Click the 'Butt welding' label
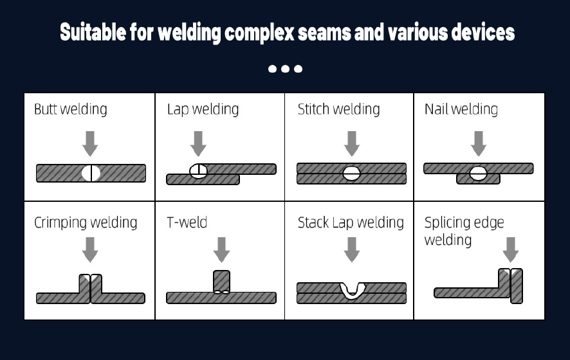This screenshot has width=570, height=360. click(70, 109)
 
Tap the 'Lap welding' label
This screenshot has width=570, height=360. click(203, 109)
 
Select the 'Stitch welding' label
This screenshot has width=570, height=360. click(338, 109)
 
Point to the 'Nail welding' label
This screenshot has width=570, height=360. click(461, 109)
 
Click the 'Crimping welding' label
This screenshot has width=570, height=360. click(86, 223)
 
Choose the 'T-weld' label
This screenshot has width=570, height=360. click(187, 223)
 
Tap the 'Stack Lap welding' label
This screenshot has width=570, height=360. click(351, 223)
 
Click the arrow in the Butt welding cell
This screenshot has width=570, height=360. click(91, 143)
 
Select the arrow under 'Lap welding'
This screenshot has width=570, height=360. click(199, 143)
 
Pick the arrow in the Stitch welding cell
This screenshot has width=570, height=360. click(351, 143)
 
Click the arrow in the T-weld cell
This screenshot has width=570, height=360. click(221, 249)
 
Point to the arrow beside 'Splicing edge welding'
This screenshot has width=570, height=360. click(511, 249)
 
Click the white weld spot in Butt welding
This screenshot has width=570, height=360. click(91, 173)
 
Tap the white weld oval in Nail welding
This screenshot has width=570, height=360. click(478, 173)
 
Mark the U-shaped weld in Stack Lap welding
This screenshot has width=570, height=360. click(351, 290)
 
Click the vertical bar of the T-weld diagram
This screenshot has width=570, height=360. click(221, 281)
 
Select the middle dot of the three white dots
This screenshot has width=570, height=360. click(285, 69)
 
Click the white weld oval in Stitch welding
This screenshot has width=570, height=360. click(351, 173)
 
